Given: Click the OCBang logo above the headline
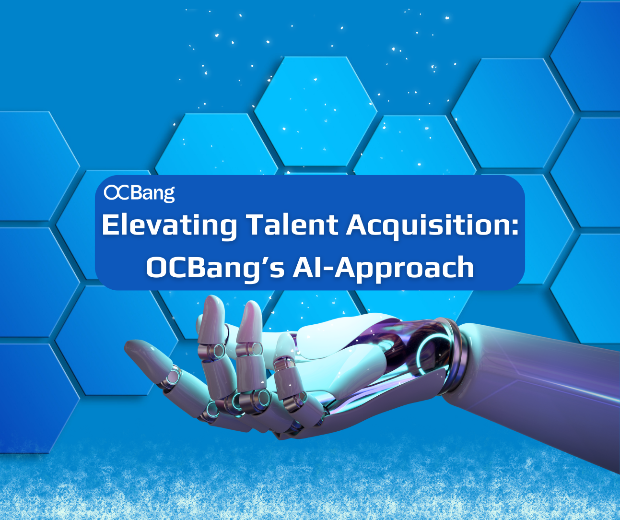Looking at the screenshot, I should click(x=139, y=193).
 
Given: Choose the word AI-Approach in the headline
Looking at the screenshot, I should click(x=383, y=268).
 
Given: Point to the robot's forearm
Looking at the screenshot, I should click(x=542, y=379).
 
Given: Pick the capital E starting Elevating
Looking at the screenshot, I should click(x=110, y=225).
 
